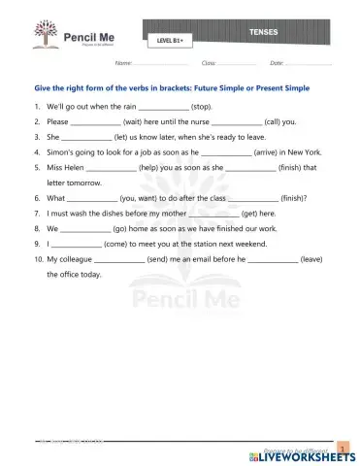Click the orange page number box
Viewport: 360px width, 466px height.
(342, 446)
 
